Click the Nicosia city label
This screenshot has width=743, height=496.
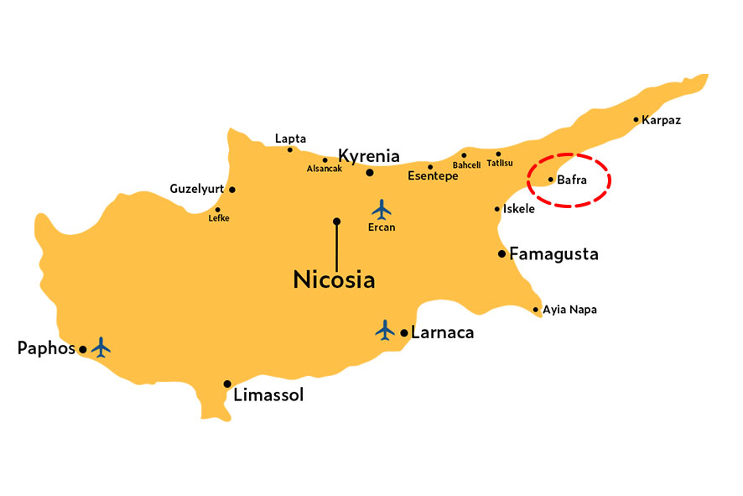tap(334, 279)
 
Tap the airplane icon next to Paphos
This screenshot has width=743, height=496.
tap(102, 346)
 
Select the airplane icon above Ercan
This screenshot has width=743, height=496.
tap(382, 207)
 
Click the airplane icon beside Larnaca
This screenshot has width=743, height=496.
tap(385, 330)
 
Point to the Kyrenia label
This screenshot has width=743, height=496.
tap(368, 155)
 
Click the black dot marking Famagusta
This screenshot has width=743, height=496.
tap(501, 253)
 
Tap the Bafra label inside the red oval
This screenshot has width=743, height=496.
tap(573, 179)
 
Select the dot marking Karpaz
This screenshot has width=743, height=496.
tap(636, 119)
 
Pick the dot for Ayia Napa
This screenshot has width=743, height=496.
tap(536, 310)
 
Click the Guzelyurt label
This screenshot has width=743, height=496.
tap(197, 189)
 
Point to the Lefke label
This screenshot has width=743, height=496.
tap(219, 218)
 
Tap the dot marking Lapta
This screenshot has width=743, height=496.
tap(290, 150)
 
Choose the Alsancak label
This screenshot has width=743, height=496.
tap(325, 169)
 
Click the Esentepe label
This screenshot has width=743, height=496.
tap(433, 176)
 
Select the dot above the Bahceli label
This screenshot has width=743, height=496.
tap(464, 155)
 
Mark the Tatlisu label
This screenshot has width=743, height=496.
tap(500, 164)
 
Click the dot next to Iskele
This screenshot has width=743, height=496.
tap(497, 209)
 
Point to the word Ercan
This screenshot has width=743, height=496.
tap(382, 227)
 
